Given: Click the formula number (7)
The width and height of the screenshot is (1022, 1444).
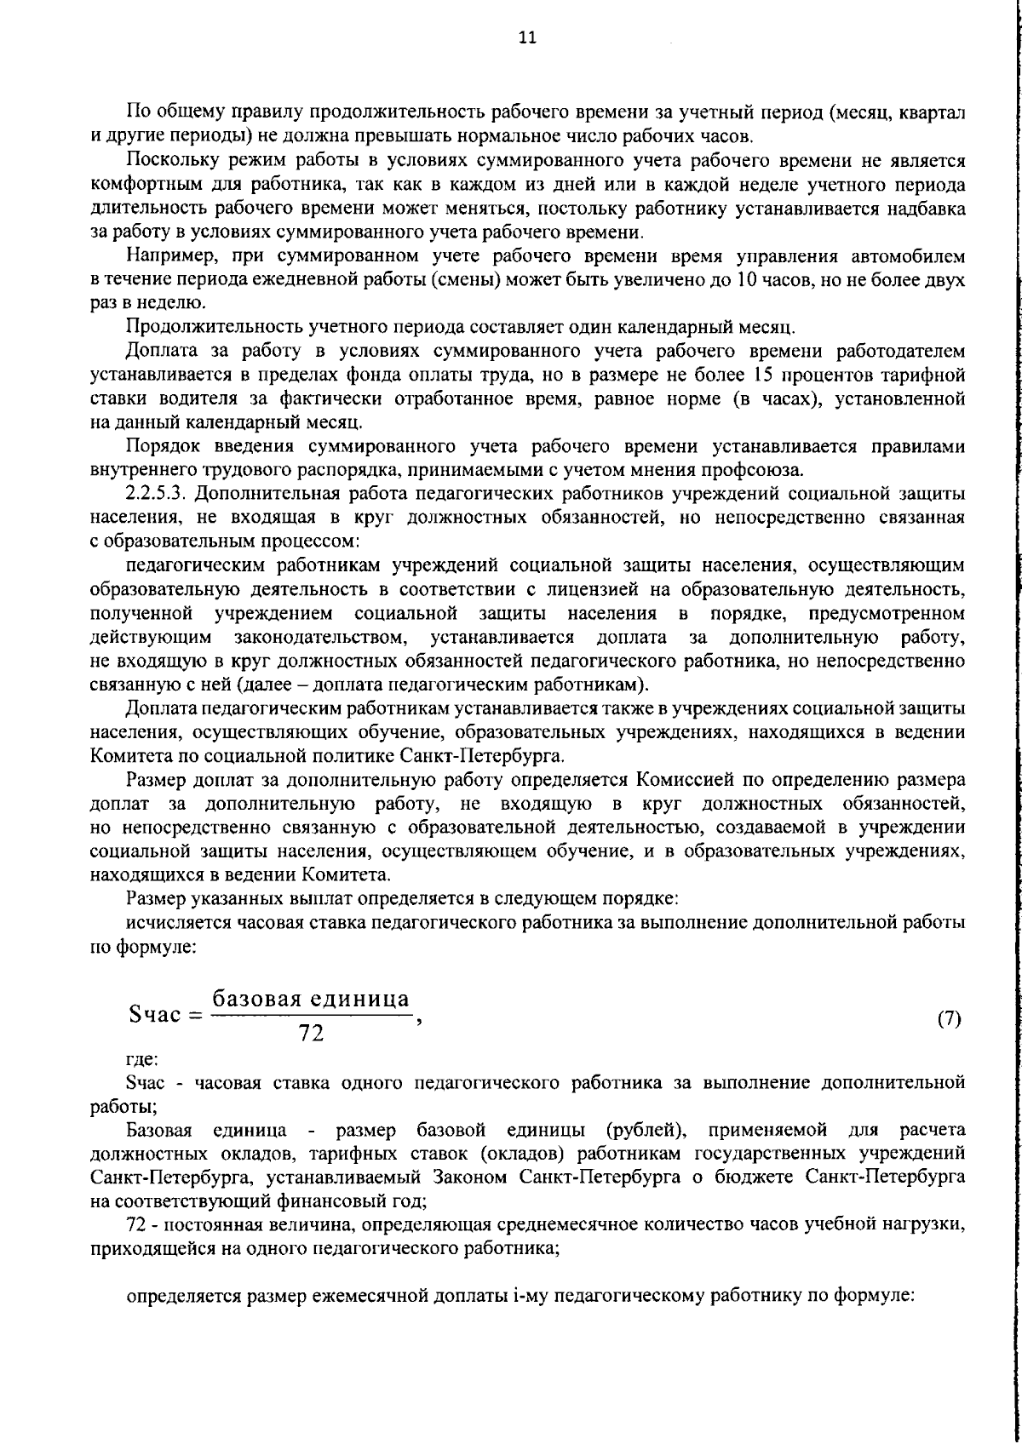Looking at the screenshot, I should pos(949,1019).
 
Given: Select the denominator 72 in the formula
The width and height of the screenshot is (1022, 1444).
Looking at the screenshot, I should pos(311,1034).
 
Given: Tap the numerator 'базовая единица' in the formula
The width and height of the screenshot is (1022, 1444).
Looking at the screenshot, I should pos(311,999).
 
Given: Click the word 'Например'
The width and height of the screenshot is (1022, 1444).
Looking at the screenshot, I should pos(162,256).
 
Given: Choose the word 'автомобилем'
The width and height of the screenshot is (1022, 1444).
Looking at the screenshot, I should pos(912,256).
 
